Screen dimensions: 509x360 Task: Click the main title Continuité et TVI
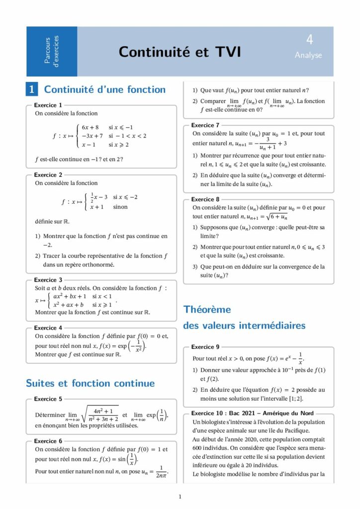pos(180,52)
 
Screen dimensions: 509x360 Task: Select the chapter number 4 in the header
pos(309,40)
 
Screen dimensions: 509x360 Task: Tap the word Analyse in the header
pos(308,55)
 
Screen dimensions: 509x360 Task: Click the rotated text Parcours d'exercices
pos(52,51)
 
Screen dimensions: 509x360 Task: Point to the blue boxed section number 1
pos(31,89)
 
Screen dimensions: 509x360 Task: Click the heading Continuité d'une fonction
pos(105,89)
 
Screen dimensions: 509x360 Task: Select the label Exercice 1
pos(48,105)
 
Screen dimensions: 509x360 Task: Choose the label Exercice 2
pos(48,175)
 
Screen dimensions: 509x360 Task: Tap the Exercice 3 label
pos(48,280)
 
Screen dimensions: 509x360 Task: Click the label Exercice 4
pos(48,328)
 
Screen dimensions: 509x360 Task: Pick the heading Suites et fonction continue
pos(90,383)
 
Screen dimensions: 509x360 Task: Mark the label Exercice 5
pos(48,399)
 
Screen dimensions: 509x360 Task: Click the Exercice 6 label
pos(48,441)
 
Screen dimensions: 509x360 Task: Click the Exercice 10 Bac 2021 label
pos(255,414)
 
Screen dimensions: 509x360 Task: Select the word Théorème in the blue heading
pos(207,310)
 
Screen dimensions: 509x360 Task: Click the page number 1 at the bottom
pos(180,497)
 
